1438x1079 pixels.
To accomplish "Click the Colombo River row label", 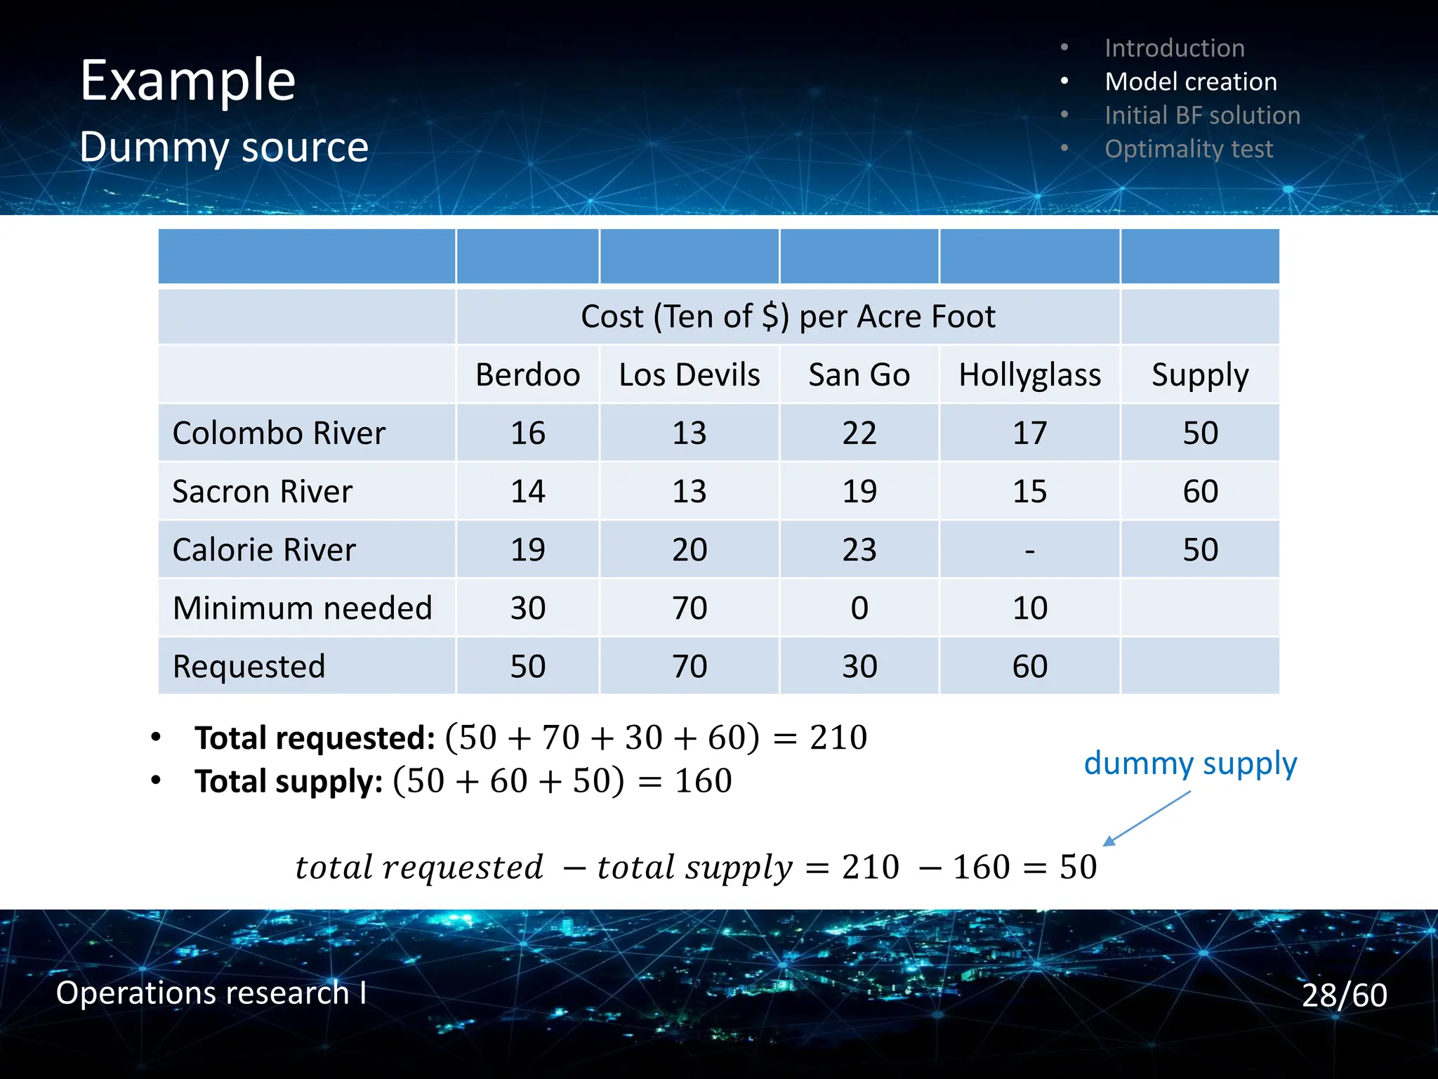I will click(279, 433).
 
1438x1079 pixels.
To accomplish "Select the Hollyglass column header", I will click(1029, 374).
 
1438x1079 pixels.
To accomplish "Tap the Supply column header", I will click(1200, 374).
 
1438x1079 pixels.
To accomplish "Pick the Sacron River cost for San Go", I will click(859, 491).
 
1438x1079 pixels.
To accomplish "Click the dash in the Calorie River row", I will click(1029, 550).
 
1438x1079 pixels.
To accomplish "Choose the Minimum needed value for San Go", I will click(859, 608).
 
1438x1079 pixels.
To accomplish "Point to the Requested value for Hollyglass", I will click(1029, 666).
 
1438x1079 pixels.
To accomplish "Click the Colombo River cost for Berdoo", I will click(527, 433).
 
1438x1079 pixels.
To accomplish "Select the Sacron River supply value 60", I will click(1200, 491).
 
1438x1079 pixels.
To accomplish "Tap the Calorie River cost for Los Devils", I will click(689, 549).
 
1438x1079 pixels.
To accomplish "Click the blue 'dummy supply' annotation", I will click(1190, 763).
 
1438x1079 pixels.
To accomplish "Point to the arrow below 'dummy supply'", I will click(1146, 818).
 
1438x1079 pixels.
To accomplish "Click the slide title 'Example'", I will click(187, 81).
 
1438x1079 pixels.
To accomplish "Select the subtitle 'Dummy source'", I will click(224, 147).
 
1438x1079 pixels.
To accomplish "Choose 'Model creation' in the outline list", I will click(1191, 81).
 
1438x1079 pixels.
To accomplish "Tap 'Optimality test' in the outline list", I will click(1189, 149).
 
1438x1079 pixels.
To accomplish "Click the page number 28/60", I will click(1344, 995).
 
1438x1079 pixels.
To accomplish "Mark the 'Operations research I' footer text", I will click(211, 993).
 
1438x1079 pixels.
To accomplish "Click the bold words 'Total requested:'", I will click(315, 738).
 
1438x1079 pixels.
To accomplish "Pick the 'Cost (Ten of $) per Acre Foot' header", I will click(788, 316).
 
